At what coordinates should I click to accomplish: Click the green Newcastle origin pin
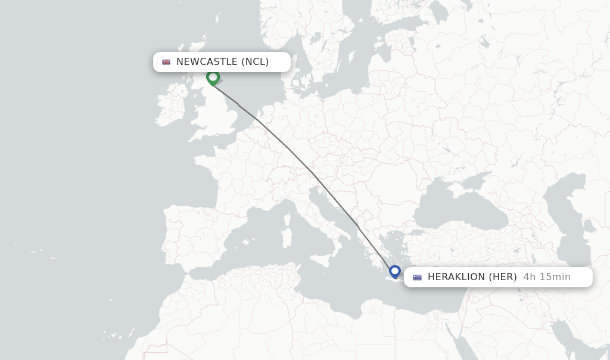(x=213, y=77)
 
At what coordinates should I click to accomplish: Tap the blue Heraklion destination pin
(x=394, y=272)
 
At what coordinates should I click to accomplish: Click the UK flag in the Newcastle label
(x=166, y=62)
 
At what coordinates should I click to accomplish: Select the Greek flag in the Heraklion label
(x=417, y=277)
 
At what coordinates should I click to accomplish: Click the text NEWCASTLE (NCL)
(x=222, y=62)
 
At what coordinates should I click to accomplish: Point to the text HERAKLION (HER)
(x=472, y=277)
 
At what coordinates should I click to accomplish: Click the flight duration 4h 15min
(x=547, y=277)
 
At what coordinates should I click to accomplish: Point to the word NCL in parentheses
(x=255, y=62)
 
